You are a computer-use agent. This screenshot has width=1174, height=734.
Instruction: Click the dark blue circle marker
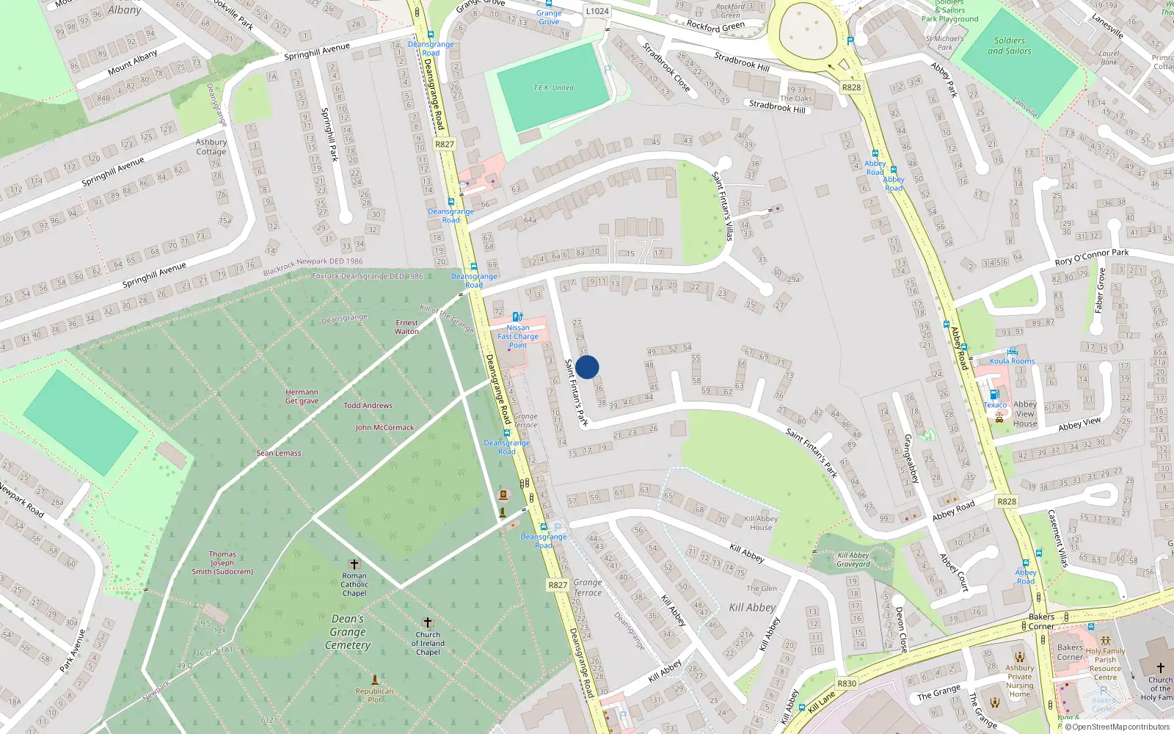pyautogui.click(x=587, y=367)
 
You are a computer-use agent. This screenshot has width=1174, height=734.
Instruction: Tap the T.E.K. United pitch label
pyautogui.click(x=553, y=88)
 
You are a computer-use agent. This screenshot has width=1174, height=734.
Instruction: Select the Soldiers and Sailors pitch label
pyautogui.click(x=1010, y=46)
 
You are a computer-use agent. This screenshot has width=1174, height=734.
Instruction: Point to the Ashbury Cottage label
pyautogui.click(x=211, y=147)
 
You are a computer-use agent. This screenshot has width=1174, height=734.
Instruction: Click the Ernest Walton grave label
pyautogui.click(x=406, y=327)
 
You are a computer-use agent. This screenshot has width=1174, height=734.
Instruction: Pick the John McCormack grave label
pyautogui.click(x=384, y=427)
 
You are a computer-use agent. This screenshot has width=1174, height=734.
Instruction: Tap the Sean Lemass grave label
pyautogui.click(x=279, y=453)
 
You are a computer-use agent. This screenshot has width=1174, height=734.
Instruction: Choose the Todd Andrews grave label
pyautogui.click(x=368, y=405)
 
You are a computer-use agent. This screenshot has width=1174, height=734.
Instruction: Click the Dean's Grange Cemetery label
pyautogui.click(x=348, y=632)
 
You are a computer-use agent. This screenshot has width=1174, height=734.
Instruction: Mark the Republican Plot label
pyautogui.click(x=374, y=695)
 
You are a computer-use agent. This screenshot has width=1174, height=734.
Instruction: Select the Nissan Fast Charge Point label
pyautogui.click(x=518, y=336)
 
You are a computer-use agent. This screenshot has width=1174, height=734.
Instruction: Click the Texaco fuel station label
pyautogui.click(x=995, y=405)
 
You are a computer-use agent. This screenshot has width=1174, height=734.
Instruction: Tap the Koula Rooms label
pyautogui.click(x=1013, y=361)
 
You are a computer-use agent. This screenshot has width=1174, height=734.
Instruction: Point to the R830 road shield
pyautogui.click(x=847, y=683)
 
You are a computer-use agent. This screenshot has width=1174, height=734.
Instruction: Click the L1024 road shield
pyautogui.click(x=597, y=11)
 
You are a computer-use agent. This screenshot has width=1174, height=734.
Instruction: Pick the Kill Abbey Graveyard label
pyautogui.click(x=853, y=559)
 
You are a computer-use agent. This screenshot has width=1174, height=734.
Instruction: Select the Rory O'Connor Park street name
pyautogui.click(x=1092, y=257)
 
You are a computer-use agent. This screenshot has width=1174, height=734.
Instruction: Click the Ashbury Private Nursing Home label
pyautogui.click(x=1020, y=681)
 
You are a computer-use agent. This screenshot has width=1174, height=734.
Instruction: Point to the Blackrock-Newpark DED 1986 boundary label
pyautogui.click(x=313, y=266)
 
